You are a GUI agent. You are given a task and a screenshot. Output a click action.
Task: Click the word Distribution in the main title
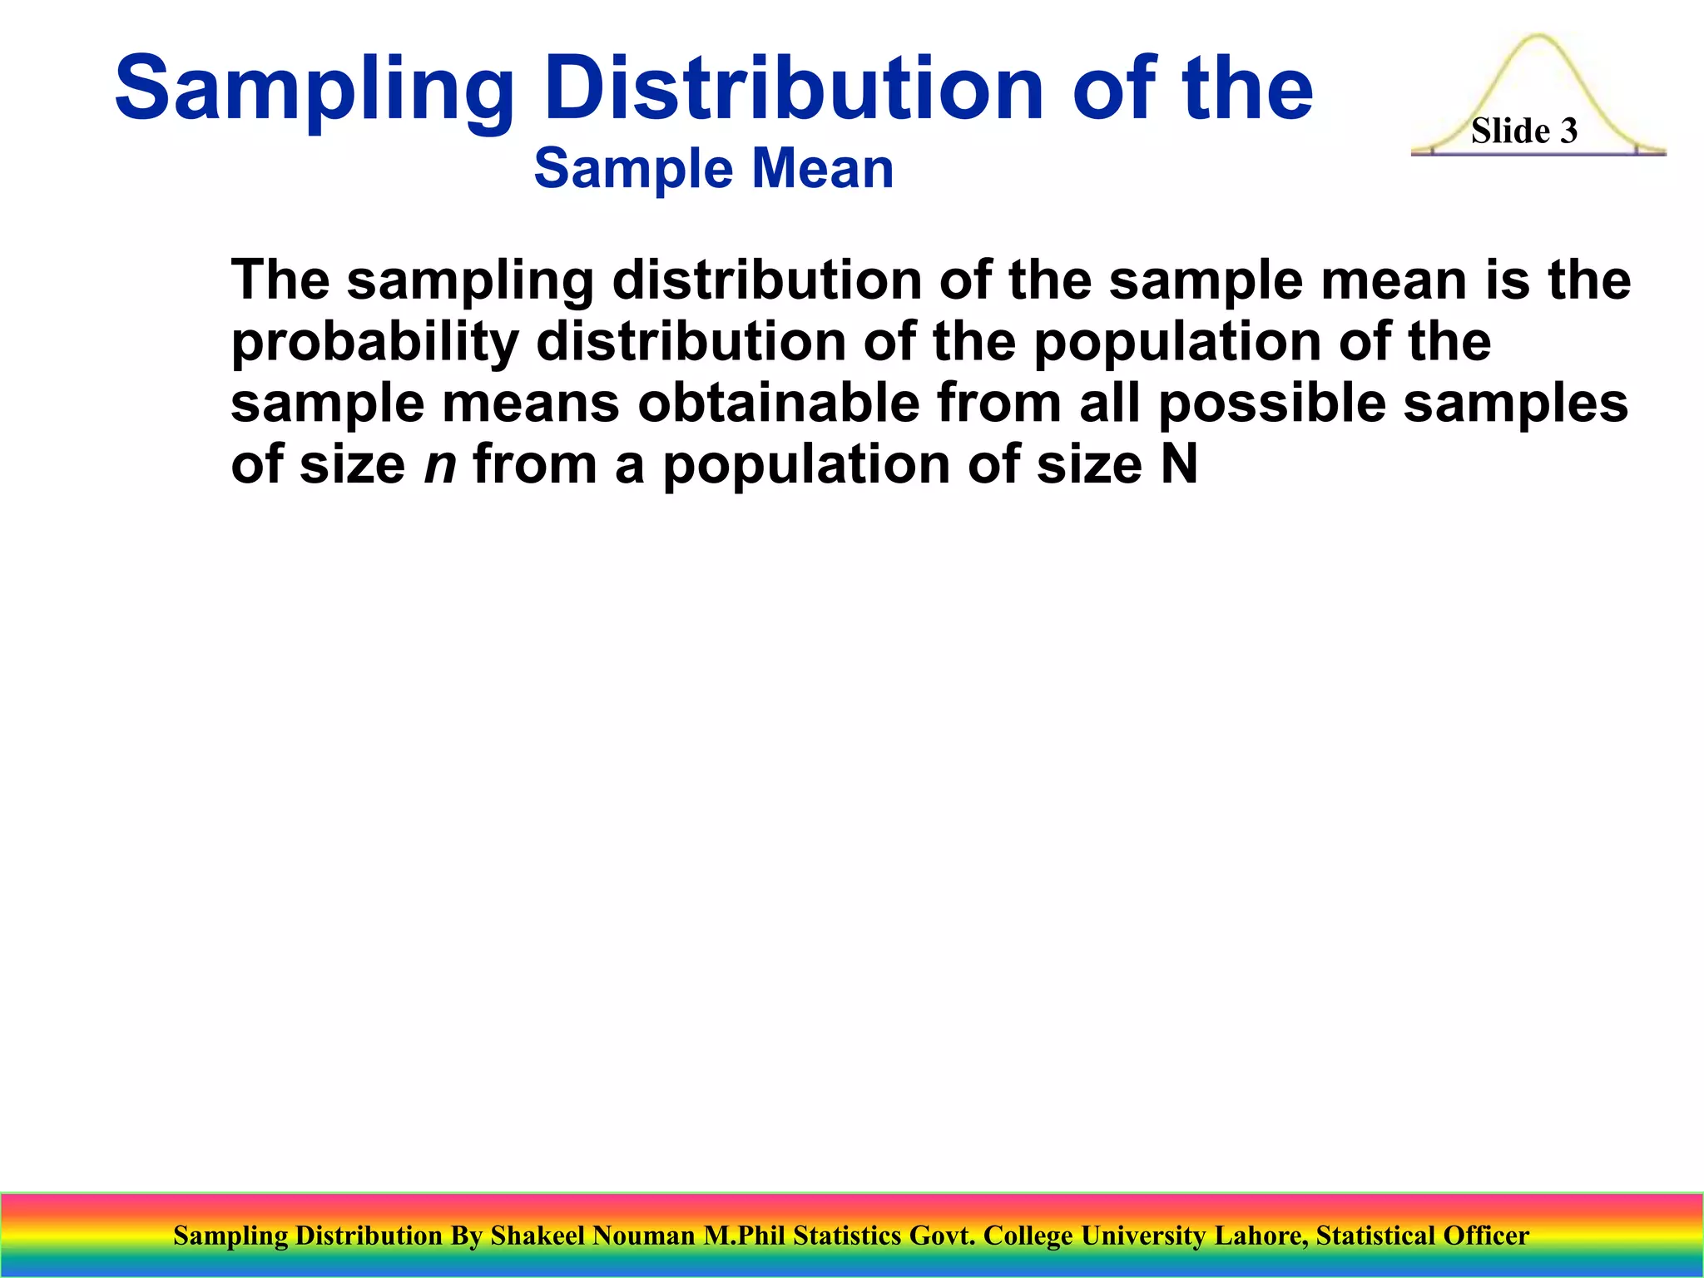pos(792,87)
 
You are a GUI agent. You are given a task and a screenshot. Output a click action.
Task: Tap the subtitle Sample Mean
pos(713,169)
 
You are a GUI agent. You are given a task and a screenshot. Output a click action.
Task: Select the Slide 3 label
pos(1523,131)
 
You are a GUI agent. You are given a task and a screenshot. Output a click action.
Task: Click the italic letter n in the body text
pos(440,464)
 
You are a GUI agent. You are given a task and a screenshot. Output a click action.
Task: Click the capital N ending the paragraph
pos(1178,464)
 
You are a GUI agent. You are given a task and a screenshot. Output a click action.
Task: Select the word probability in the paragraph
pos(374,343)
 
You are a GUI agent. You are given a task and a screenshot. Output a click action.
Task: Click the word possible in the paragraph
pos(1271,404)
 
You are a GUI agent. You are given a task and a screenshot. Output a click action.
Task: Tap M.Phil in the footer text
pos(744,1236)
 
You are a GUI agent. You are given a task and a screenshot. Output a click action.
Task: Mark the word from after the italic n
pos(535,464)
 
